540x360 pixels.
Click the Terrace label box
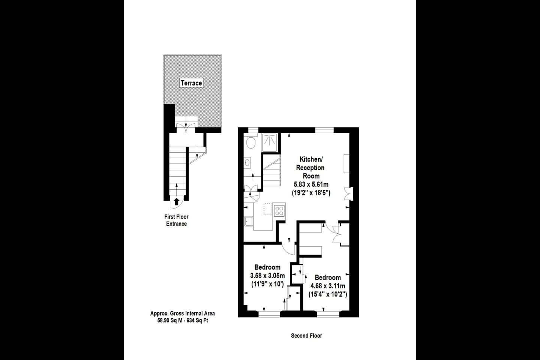point(191,83)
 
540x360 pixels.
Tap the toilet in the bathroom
point(251,142)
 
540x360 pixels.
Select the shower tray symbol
point(270,142)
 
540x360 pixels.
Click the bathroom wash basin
point(248,163)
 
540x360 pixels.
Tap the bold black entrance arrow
point(177,201)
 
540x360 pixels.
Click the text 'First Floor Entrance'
point(176,220)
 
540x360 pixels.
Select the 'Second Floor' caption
point(306,336)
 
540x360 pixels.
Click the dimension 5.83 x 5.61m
point(311,184)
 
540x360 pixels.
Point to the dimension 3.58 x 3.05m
point(267,276)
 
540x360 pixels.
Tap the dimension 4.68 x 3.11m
point(328,286)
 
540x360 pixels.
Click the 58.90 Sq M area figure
point(166,321)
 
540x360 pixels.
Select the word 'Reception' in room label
point(310,167)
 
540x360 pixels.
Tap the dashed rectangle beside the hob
point(267,209)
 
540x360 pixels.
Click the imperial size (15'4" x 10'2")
point(328,295)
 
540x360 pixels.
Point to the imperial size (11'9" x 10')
point(267,284)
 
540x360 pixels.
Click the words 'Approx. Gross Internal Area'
point(183,313)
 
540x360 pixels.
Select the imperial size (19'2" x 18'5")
point(311,193)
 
